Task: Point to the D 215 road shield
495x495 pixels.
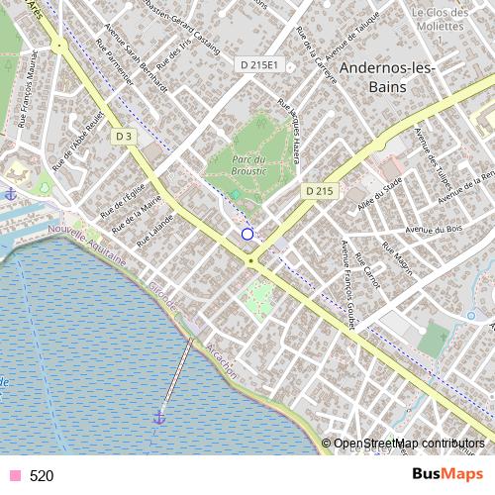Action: pyautogui.click(x=318, y=189)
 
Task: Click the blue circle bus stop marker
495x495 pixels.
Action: pyautogui.click(x=247, y=235)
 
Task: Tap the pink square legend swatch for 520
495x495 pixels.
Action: pyautogui.click(x=14, y=476)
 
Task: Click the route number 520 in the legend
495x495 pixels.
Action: pyautogui.click(x=42, y=476)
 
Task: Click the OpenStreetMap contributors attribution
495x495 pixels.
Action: pyautogui.click(x=408, y=444)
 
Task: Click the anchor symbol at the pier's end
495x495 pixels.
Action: pyautogui.click(x=158, y=419)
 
